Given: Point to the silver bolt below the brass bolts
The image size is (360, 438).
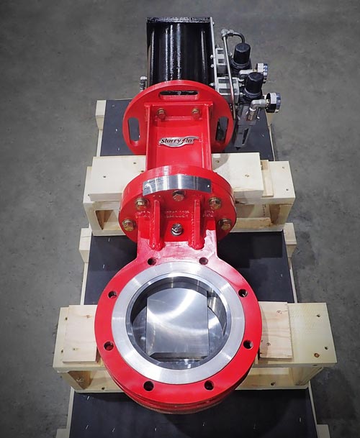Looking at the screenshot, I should click(177, 229).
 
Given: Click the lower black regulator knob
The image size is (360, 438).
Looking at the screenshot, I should click(253, 85).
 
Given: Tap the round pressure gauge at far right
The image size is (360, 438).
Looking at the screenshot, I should click(272, 101).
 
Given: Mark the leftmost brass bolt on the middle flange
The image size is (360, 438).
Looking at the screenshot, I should click(129, 225).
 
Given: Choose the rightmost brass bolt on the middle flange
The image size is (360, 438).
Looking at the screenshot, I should click(225, 225).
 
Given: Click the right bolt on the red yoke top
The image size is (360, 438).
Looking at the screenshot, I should click(197, 112).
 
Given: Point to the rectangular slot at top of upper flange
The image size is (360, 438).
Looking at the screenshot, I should click(178, 93).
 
